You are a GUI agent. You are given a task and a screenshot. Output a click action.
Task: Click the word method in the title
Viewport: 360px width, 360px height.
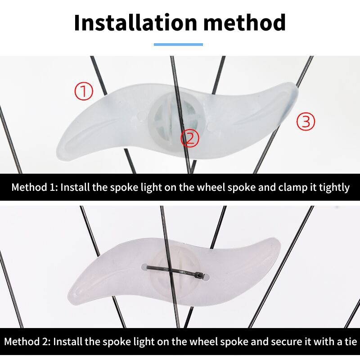[x=245, y=22]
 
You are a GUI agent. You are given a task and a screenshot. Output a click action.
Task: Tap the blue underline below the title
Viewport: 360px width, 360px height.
[x=178, y=45]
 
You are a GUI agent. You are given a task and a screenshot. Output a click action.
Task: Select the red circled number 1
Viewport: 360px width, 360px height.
[x=84, y=91]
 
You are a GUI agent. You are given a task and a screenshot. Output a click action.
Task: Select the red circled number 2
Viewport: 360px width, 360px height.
[x=190, y=138]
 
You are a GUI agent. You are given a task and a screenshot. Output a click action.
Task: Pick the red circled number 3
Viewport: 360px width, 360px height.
[x=306, y=121]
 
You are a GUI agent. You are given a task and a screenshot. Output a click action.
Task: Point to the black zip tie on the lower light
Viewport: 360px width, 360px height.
[x=175, y=271]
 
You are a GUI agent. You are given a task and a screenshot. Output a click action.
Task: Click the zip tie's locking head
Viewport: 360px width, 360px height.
[x=200, y=274]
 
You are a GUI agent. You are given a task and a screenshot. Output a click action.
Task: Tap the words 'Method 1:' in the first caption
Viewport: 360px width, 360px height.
[x=35, y=187]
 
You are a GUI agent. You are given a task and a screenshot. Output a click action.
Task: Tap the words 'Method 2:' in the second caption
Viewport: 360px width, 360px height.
[x=27, y=342]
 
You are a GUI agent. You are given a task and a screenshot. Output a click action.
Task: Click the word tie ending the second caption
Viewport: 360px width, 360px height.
[x=351, y=342]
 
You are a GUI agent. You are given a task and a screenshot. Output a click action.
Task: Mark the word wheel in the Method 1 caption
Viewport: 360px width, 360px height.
[x=211, y=187]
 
